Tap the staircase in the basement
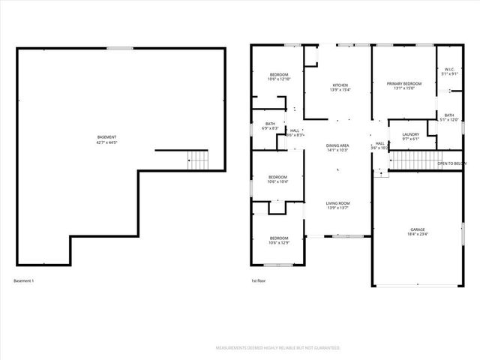point(196,160)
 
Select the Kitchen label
point(340,88)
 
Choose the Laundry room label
point(410,136)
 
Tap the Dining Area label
point(337,148)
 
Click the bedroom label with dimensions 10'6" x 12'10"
point(279,76)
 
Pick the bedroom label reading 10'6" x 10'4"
point(279,179)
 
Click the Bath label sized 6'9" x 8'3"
point(270,126)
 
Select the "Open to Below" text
point(452,163)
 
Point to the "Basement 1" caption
point(24,281)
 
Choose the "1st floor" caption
point(259,281)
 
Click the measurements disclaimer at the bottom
point(278,349)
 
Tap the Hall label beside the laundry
point(379,145)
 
